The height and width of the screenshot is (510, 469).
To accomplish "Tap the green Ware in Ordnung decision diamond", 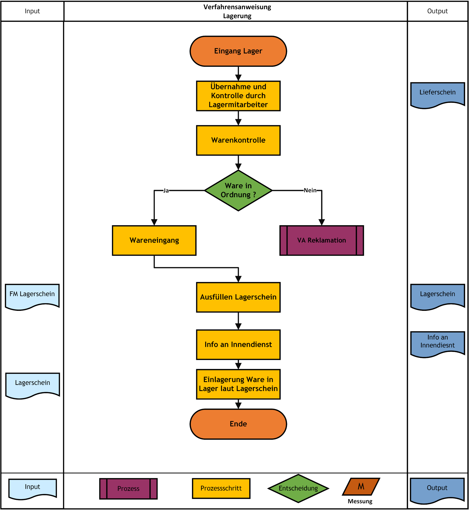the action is point(238,190).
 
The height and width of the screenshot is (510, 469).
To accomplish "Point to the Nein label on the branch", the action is point(310,190).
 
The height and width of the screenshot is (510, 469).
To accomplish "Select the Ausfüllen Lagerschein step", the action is point(238,297).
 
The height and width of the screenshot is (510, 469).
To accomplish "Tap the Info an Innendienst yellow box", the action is point(238,345).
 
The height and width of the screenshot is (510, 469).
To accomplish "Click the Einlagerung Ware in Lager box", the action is point(238,384).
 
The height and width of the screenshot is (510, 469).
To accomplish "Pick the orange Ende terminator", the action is point(238,424).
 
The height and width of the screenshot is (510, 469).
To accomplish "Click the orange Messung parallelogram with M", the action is point(361,486).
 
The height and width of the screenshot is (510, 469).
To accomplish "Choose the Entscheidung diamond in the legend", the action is point(298,488).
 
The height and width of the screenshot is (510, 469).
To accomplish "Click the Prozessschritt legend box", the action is point(221,488).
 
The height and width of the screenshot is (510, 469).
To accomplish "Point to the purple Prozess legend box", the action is point(128,489).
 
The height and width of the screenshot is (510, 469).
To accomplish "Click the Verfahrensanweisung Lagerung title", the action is point(237,11).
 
